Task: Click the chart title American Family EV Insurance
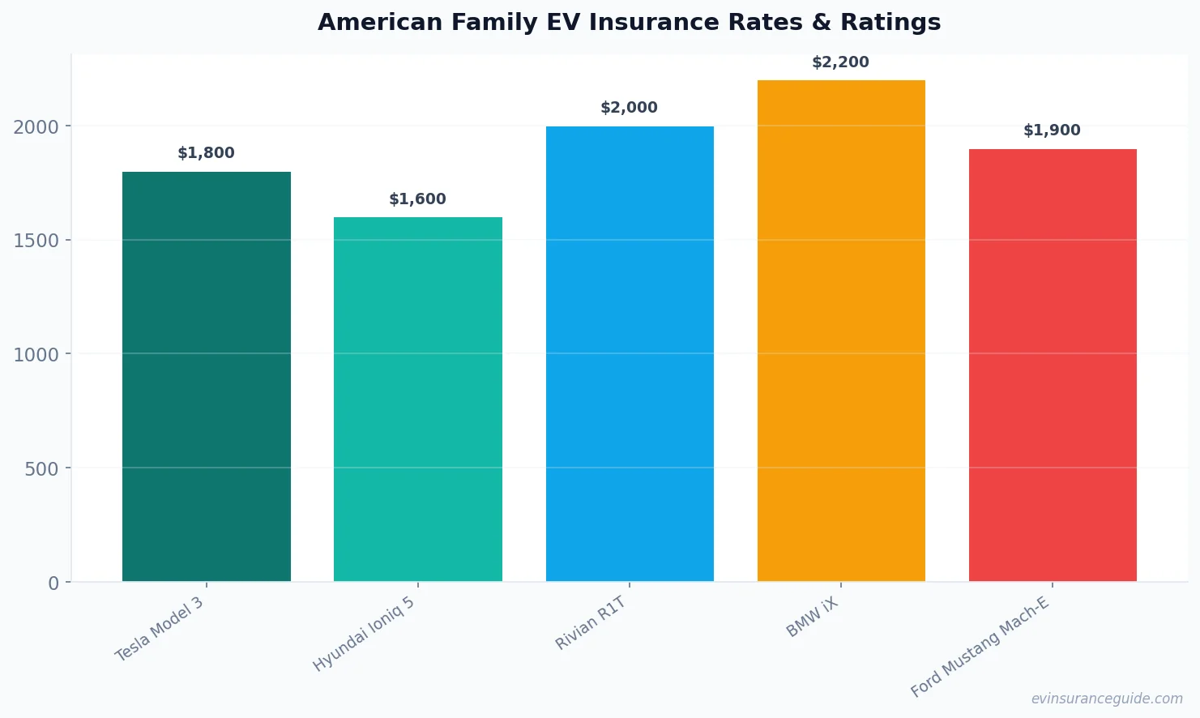click(629, 22)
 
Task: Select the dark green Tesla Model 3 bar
click(206, 376)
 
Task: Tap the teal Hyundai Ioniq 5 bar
click(417, 399)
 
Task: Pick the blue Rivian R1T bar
click(630, 353)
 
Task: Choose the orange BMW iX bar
click(841, 331)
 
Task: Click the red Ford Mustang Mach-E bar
click(1053, 365)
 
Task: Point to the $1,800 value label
click(206, 153)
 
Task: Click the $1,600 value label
click(417, 199)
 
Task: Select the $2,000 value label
click(629, 108)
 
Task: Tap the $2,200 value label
click(840, 62)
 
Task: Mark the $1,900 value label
click(1052, 130)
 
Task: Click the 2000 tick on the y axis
click(36, 127)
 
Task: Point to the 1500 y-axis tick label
click(36, 241)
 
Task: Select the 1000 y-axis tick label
click(36, 355)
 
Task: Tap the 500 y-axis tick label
click(42, 469)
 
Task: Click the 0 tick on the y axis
click(53, 583)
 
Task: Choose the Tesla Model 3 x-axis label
click(159, 630)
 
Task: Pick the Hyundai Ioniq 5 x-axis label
click(364, 635)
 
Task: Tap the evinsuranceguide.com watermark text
click(1107, 699)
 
